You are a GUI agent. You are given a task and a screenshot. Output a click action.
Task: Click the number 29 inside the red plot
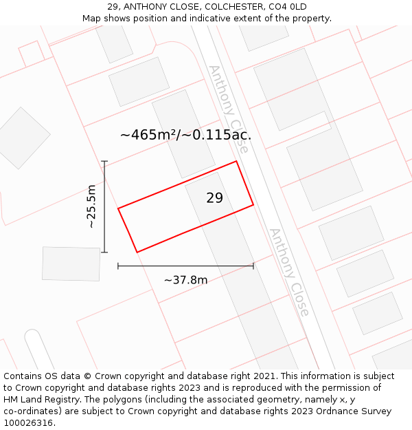214,198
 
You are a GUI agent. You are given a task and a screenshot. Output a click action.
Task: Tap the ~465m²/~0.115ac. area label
185,135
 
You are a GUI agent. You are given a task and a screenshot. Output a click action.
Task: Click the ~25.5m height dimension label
91,206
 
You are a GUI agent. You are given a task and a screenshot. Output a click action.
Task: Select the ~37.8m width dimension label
185,280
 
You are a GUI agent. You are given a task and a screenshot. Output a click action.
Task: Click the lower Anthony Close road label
289,272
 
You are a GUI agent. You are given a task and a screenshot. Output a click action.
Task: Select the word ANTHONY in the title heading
146,7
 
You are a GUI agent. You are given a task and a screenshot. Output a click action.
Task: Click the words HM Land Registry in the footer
35,400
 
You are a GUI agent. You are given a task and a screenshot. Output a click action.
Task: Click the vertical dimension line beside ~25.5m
104,206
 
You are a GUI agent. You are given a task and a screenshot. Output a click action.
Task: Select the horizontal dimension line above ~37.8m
185,266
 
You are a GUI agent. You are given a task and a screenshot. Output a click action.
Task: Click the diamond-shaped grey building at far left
23,138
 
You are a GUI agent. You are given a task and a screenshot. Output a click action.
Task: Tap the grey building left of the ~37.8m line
71,264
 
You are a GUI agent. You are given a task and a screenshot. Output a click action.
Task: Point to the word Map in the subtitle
92,18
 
